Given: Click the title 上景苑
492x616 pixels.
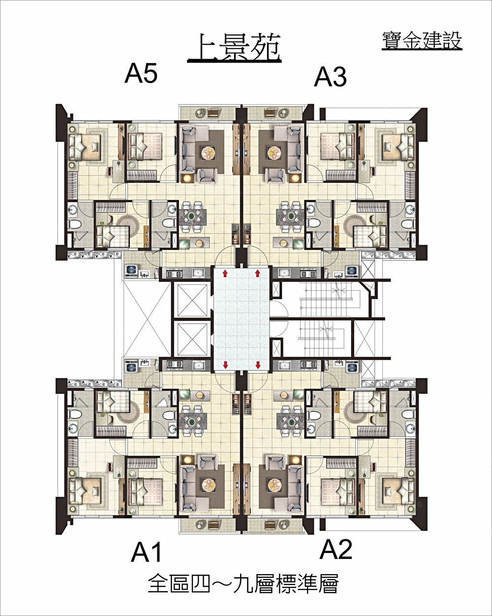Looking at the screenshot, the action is click(234, 48).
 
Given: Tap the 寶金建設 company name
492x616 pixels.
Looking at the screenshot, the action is click(422, 41).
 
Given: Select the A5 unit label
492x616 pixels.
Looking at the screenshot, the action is click(141, 74).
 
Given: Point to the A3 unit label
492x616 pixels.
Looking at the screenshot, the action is click(330, 77).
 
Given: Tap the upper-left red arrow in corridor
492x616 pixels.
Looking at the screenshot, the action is click(225, 274).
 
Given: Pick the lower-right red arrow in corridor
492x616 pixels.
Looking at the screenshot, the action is click(258, 365).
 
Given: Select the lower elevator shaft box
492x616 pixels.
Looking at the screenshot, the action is click(192, 339).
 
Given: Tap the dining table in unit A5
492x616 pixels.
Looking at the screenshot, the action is click(192, 216).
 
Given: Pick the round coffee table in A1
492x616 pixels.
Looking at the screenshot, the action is click(208, 484).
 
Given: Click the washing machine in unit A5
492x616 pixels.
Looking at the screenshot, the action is click(131, 271).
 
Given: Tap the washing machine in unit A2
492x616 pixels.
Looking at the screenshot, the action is click(351, 367).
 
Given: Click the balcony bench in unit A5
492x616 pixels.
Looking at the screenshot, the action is click(213, 113).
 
